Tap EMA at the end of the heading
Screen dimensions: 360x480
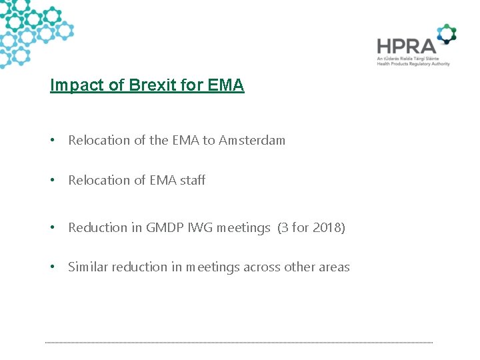226,86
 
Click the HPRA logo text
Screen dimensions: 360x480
406,46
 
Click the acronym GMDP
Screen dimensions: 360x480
174,228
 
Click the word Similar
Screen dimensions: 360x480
88,267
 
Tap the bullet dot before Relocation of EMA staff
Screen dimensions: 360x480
52,181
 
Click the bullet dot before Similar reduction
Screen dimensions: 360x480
52,267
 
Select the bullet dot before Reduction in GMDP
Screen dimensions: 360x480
52,228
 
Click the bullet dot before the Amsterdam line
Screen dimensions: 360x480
52,141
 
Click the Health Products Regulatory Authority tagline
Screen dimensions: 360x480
413,64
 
